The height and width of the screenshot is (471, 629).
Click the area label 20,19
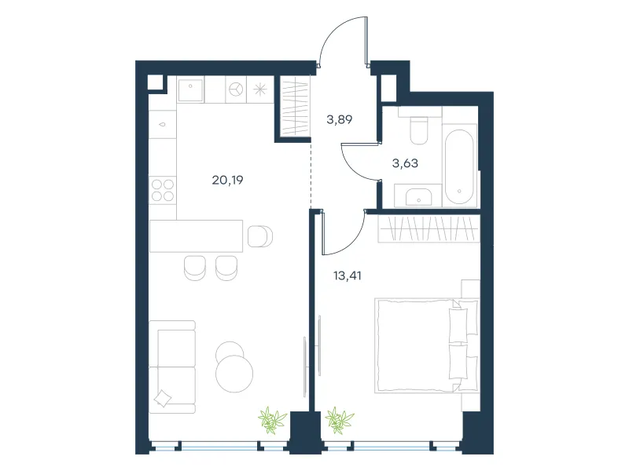pyautogui.click(x=227, y=181)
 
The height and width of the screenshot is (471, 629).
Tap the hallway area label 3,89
pyautogui.click(x=340, y=119)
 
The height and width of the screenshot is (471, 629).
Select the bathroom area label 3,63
pyautogui.click(x=405, y=163)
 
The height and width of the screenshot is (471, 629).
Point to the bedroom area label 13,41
pyautogui.click(x=348, y=276)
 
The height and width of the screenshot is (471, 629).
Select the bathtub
pyautogui.click(x=459, y=166)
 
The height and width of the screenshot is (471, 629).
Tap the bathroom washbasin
pyautogui.click(x=418, y=195)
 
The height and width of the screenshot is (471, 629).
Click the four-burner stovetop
pyautogui.click(x=163, y=190)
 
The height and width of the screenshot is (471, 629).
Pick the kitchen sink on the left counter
pyautogui.click(x=163, y=124)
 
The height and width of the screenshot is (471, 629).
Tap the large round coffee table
pyautogui.click(x=234, y=374)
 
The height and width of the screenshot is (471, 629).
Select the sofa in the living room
pyautogui.click(x=172, y=367)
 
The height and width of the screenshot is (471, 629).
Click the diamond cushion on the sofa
pyautogui.click(x=163, y=398)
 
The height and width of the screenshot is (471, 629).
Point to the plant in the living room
pyautogui.click(x=272, y=421)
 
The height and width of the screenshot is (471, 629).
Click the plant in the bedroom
pyautogui.click(x=340, y=421)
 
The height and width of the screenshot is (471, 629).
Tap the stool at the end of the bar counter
pyautogui.click(x=260, y=236)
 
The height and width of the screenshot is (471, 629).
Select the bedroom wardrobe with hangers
pyautogui.click(x=429, y=228)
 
